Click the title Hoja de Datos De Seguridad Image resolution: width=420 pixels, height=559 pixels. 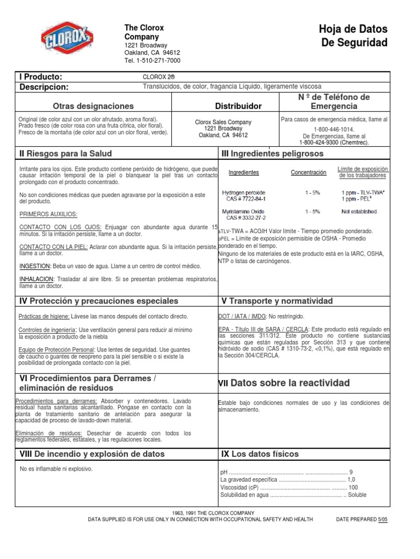pos(353,36)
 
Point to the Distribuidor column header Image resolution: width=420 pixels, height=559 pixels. pos(238,106)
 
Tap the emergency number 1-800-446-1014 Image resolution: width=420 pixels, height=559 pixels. pos(334,129)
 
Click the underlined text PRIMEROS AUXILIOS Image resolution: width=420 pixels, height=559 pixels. pos(48,214)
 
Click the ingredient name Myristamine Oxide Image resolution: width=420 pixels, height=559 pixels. pos(244,211)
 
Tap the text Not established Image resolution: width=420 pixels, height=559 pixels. pos(359,211)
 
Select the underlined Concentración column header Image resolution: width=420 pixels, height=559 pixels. pos(308,173)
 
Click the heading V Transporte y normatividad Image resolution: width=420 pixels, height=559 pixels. pos(276,301)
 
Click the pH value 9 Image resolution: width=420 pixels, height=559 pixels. pos(351,472)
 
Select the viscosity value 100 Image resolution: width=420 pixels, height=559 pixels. pos(353,487)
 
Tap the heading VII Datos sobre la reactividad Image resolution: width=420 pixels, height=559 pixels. pos(284,383)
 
